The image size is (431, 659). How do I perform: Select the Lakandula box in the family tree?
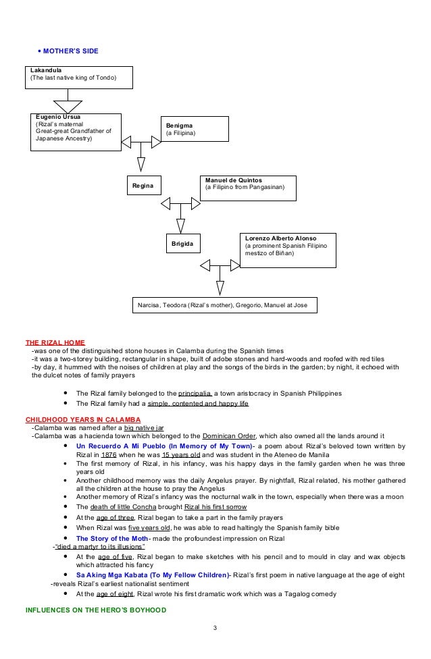(78, 77)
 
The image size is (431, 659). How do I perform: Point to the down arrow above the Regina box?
(141, 163)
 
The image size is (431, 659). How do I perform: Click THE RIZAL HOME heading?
(55, 342)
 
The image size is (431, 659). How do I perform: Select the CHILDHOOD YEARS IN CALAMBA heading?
(78, 419)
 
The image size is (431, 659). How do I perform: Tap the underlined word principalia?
(196, 393)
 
